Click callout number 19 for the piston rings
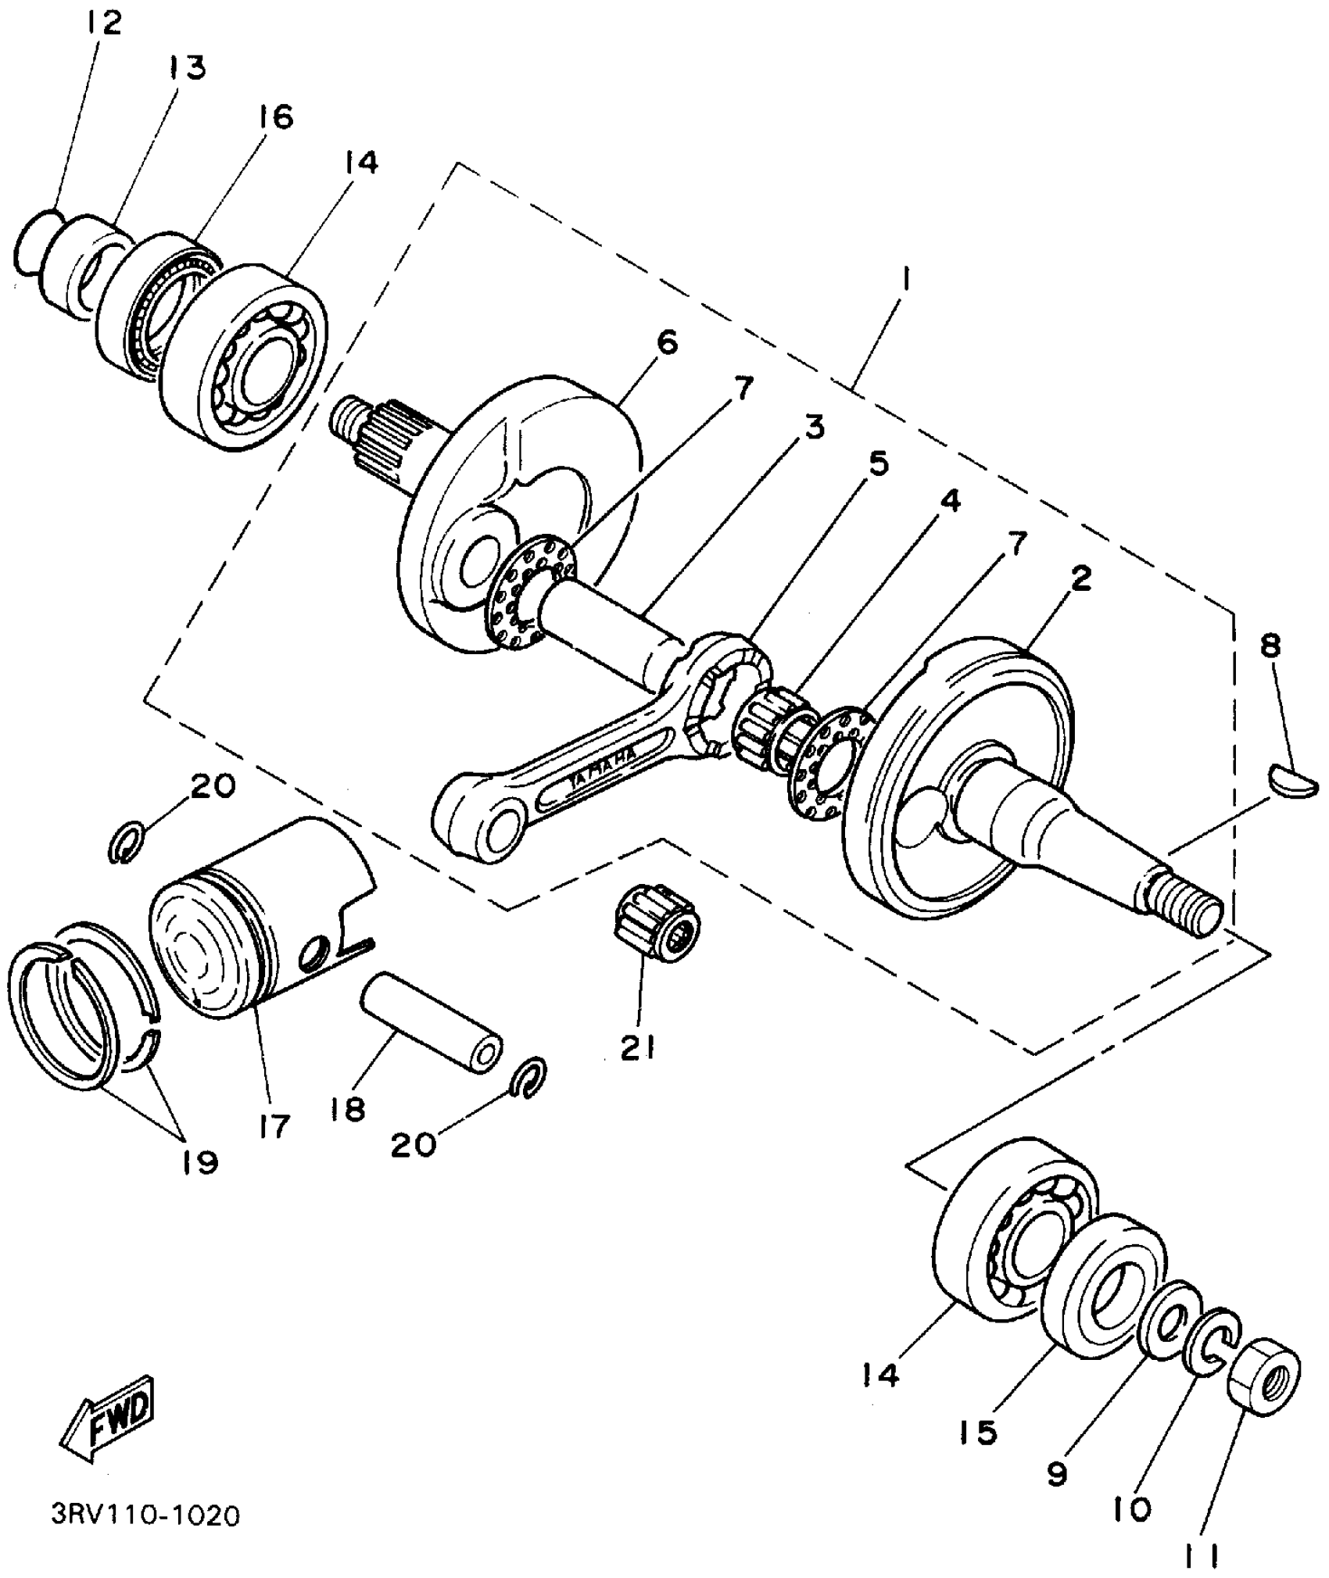click(199, 1161)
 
